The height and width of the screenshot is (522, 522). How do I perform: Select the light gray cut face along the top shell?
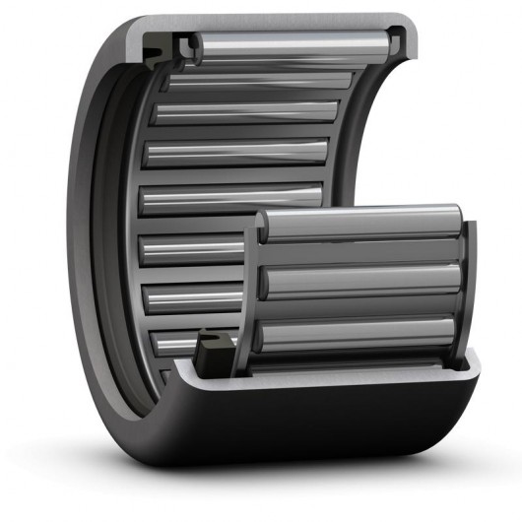(x=286, y=22)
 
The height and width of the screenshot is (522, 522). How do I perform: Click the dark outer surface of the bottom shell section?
(x=295, y=433)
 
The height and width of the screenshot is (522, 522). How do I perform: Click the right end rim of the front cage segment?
(x=469, y=286)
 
